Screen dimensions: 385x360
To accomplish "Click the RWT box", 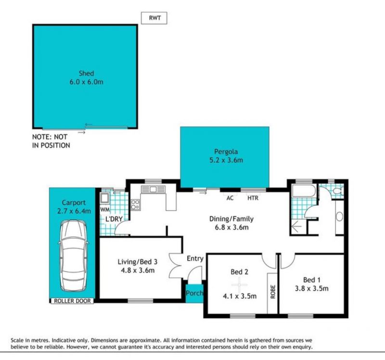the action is (x=154, y=18).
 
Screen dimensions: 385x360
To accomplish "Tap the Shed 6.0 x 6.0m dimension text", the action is (x=87, y=82).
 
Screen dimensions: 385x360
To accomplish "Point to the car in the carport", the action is (x=73, y=256).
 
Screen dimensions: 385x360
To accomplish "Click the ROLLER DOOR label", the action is (x=72, y=301).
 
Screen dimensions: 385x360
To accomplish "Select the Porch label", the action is (x=194, y=293).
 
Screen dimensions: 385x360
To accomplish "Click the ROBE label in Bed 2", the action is (x=273, y=292).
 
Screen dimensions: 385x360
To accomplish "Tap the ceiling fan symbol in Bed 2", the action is (x=239, y=285).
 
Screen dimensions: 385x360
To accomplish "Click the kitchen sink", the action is (x=153, y=189).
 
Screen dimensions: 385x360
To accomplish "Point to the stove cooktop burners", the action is (x=135, y=205).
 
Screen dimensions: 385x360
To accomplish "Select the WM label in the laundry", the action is (x=105, y=210).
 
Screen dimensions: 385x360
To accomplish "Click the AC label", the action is (x=230, y=198).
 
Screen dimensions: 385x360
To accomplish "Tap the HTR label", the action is (x=253, y=198).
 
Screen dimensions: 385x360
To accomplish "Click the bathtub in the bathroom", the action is (x=304, y=191).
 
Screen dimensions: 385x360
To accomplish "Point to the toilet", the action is (x=338, y=191).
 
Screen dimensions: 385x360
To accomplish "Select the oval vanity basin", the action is (x=339, y=217).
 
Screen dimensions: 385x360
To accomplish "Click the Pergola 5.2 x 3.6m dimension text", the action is (x=226, y=160).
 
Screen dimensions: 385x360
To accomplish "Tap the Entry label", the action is (x=195, y=259).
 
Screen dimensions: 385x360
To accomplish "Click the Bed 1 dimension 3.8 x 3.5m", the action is (x=311, y=288).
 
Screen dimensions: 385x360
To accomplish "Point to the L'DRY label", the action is (x=114, y=219).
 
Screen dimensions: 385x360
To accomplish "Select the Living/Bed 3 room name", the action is (x=138, y=262).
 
